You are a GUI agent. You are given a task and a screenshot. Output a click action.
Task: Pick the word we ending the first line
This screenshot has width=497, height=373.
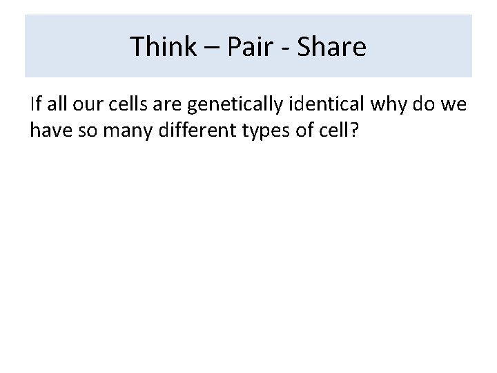tap(456, 106)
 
